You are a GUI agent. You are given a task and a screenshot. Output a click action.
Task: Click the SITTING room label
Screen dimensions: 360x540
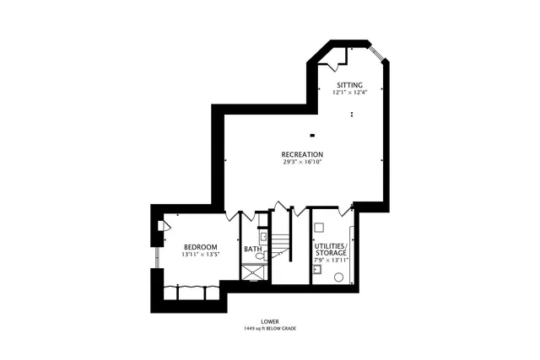pos(349,85)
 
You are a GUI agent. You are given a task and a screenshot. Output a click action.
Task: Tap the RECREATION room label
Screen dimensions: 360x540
pos(302,154)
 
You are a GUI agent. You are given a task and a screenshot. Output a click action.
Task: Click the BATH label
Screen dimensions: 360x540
pos(252,250)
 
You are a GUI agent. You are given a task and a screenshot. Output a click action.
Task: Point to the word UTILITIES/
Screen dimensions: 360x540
pos(330,245)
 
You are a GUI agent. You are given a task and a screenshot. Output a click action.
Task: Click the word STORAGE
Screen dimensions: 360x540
pos(330,253)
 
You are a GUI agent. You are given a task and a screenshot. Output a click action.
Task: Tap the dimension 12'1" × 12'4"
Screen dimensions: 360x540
pos(349,93)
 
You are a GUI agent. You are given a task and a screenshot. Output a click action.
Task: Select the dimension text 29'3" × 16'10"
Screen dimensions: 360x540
pos(302,162)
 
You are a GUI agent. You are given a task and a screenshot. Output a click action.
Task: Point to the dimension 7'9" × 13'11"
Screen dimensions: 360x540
pos(330,261)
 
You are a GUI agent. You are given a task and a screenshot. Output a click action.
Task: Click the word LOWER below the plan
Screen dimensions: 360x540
pos(270,321)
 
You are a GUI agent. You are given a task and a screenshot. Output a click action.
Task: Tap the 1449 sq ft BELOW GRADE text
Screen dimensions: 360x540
pos(270,329)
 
